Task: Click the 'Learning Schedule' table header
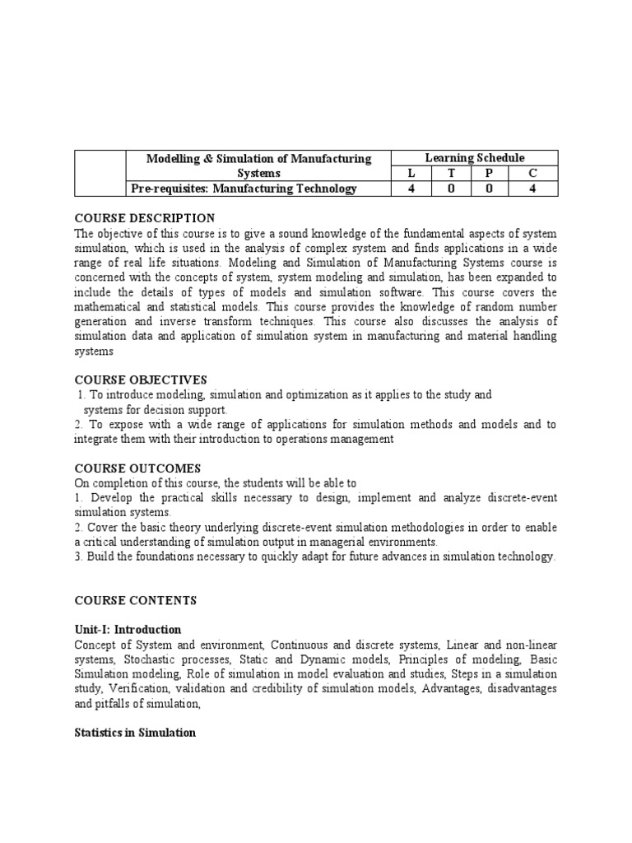[x=475, y=158]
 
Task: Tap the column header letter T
[x=451, y=174]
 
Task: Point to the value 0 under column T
[x=451, y=189]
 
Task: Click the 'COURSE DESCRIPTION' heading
[x=145, y=218]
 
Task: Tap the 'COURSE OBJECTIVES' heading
[x=141, y=380]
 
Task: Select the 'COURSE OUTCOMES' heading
[x=137, y=468]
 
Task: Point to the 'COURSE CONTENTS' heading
[x=137, y=602]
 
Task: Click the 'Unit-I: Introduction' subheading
[x=128, y=630]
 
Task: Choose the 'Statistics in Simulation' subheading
[x=135, y=733]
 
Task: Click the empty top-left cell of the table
[x=100, y=173]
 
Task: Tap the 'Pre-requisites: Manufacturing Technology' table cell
[x=244, y=189]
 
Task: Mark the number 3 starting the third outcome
[x=77, y=557]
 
